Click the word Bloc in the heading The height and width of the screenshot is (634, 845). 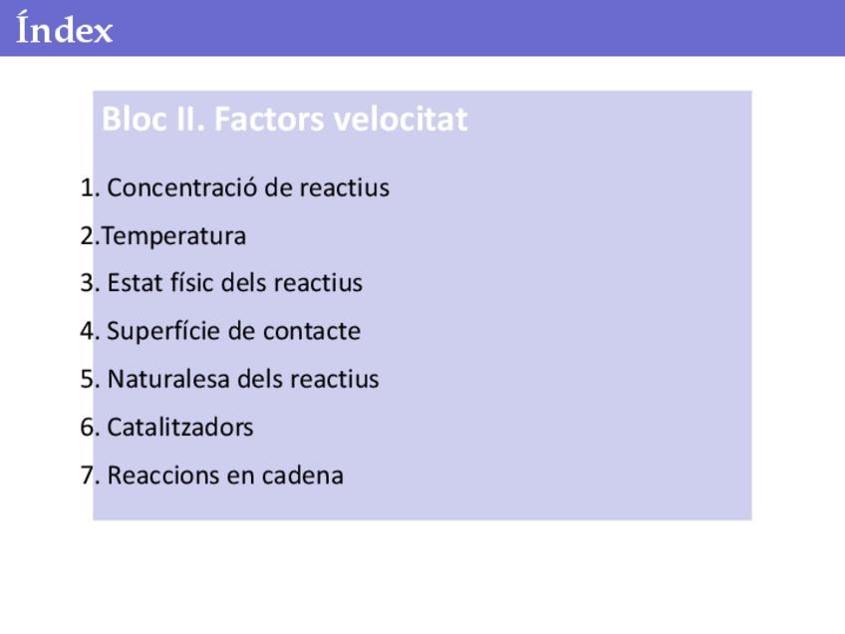coord(135,119)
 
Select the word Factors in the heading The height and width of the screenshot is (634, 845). coord(269,119)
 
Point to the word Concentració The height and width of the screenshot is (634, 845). coord(181,187)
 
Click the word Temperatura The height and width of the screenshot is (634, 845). coord(173,236)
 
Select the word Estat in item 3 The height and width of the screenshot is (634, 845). coord(135,282)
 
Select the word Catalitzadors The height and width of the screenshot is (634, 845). coord(180,427)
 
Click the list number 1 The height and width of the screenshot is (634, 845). coord(88,187)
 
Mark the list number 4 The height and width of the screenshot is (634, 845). coord(88,331)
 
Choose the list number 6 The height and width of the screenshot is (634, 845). coord(88,427)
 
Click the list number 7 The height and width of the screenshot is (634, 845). coord(88,475)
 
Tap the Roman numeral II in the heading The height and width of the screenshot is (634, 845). coord(190,119)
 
